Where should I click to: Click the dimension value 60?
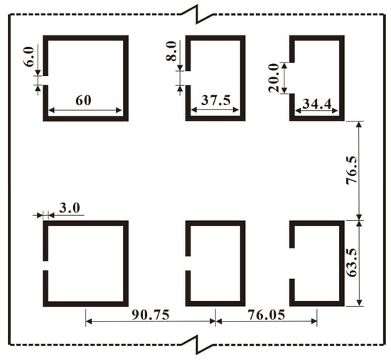pyautogui.click(x=83, y=100)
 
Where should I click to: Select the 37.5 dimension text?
pyautogui.click(x=216, y=100)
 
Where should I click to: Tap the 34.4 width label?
pyautogui.click(x=317, y=104)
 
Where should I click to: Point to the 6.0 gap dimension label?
pyautogui.click(x=29, y=57)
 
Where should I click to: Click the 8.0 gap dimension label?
pyautogui.click(x=171, y=51)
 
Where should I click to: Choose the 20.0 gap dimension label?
pyautogui.click(x=274, y=77)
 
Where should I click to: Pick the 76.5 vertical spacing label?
pyautogui.click(x=352, y=170)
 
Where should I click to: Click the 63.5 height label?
pyautogui.click(x=352, y=263)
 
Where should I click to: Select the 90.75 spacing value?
pyautogui.click(x=151, y=315)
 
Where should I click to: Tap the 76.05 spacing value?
pyautogui.click(x=267, y=315)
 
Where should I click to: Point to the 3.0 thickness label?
pyautogui.click(x=70, y=208)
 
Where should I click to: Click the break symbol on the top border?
pyautogui.click(x=197, y=14)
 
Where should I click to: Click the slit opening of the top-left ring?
pyautogui.click(x=45, y=80)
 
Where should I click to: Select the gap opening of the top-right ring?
pyautogui.click(x=292, y=78)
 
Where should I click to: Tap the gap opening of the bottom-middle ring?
pyautogui.click(x=188, y=263)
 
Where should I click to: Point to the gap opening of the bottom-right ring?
pyautogui.click(x=292, y=263)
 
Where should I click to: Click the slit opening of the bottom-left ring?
pyautogui.click(x=45, y=266)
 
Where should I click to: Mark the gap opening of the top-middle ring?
pyautogui.click(x=188, y=78)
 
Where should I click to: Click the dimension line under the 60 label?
pyautogui.click(x=85, y=110)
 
